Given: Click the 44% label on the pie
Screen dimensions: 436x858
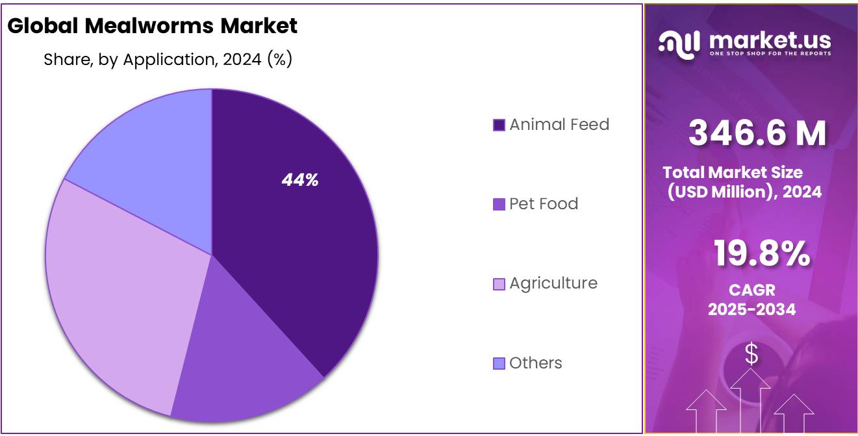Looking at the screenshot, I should pos(299,181).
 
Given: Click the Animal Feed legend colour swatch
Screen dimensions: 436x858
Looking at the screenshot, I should pos(499,125).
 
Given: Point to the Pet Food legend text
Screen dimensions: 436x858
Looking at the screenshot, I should pos(543,204).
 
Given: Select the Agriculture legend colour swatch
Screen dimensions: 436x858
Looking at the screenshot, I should pos(499,284).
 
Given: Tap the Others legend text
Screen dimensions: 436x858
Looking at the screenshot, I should pos(535,363).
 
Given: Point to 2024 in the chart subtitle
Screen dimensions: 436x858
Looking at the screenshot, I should pos(242,60).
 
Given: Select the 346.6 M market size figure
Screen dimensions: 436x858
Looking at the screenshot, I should pos(757,133).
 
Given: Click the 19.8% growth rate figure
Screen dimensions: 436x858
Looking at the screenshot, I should pos(761,253).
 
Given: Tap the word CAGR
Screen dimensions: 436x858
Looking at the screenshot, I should pos(751,290).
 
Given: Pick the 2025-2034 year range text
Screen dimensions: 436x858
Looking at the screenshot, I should pos(751,309).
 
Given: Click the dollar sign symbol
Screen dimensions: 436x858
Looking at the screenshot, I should pos(751,355).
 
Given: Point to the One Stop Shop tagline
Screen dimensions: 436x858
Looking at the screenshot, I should pos(770,53).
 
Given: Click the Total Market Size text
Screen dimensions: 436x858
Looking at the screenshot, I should pos(733,172).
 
